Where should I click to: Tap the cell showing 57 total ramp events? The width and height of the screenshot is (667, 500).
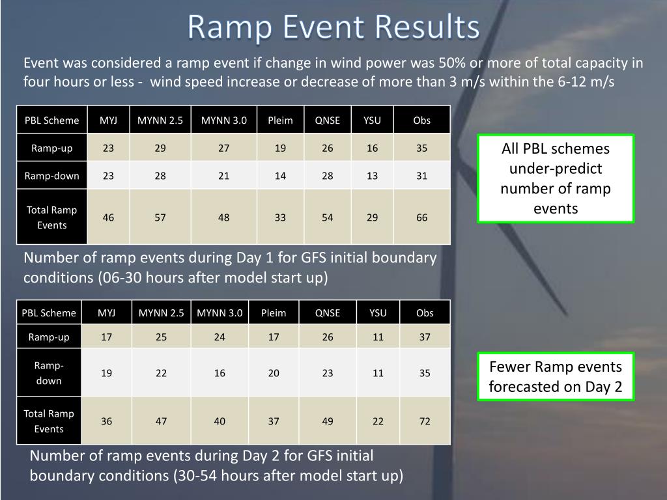pos(160,217)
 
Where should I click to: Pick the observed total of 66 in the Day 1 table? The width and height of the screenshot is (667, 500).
pos(421,217)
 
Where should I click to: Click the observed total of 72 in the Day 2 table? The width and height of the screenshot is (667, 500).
pos(425,421)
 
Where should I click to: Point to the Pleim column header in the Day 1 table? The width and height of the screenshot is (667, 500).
pos(280,120)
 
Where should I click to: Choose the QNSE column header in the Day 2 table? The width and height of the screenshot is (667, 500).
pos(327,313)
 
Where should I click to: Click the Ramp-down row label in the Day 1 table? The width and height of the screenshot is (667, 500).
pos(52,176)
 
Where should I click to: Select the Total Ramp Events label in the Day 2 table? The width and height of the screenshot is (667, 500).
pos(49,421)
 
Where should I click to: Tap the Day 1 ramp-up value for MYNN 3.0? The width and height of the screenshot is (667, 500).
pos(224,148)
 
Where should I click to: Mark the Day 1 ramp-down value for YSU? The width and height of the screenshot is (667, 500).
pos(372,176)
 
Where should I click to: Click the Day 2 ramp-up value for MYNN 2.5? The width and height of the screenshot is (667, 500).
pos(162,337)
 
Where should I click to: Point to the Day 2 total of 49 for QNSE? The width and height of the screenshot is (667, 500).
pos(327,421)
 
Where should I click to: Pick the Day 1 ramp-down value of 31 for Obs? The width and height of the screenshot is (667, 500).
pos(421,176)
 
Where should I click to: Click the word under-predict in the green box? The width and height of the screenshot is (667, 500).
pos(556,169)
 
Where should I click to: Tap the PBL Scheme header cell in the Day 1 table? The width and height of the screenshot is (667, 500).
pos(52,120)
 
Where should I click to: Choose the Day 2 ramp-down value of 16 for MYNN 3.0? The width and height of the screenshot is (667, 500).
pos(220,373)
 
